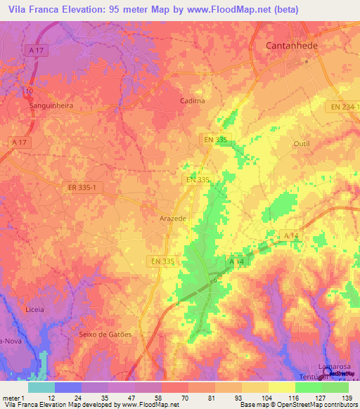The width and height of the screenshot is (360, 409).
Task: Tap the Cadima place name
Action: click(192, 100)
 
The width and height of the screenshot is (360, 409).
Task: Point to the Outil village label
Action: click(301, 143)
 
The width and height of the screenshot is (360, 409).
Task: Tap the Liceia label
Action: click(34, 309)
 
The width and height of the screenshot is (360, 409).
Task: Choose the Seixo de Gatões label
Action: click(105, 335)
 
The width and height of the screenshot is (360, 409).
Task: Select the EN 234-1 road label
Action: click(345, 107)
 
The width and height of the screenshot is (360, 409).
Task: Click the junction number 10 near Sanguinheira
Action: click(28, 91)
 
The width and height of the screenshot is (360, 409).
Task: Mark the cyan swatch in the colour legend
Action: click(41, 387)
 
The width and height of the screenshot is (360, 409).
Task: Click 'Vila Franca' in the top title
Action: click(32, 10)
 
